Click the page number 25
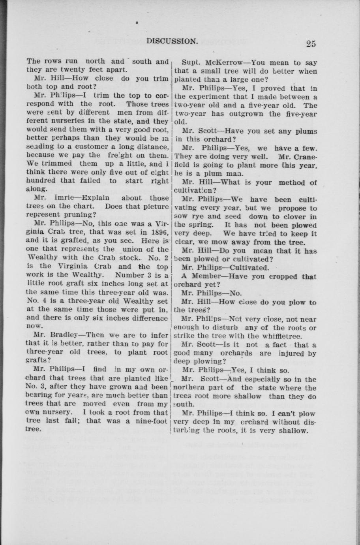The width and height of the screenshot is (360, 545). pyautogui.click(x=310, y=43)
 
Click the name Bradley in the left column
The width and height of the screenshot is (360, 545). pyautogui.click(x=62, y=335)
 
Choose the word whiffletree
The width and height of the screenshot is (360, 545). pyautogui.click(x=282, y=336)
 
